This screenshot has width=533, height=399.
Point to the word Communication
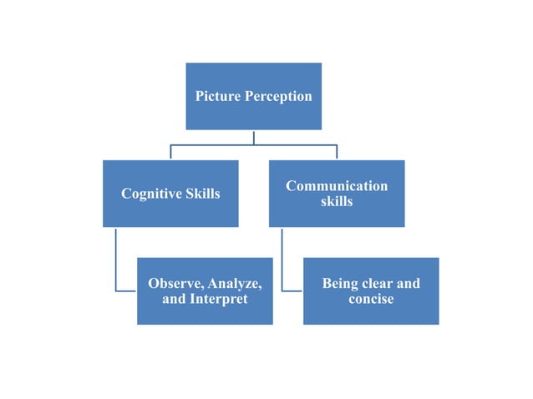[x=337, y=185]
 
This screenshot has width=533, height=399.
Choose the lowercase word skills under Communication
[x=337, y=202]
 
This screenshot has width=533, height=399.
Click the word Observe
[x=175, y=283]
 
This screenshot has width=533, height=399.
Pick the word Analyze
[x=234, y=283]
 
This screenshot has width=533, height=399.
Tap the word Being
[x=343, y=283]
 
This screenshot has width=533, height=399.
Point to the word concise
[x=371, y=299]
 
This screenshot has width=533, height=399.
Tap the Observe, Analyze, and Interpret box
[x=205, y=314]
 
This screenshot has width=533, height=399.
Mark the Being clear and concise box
[x=371, y=314]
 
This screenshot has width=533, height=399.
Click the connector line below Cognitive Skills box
[x=116, y=259]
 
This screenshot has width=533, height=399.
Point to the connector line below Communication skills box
[x=282, y=259]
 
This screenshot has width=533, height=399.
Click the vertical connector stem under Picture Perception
[x=254, y=137]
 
